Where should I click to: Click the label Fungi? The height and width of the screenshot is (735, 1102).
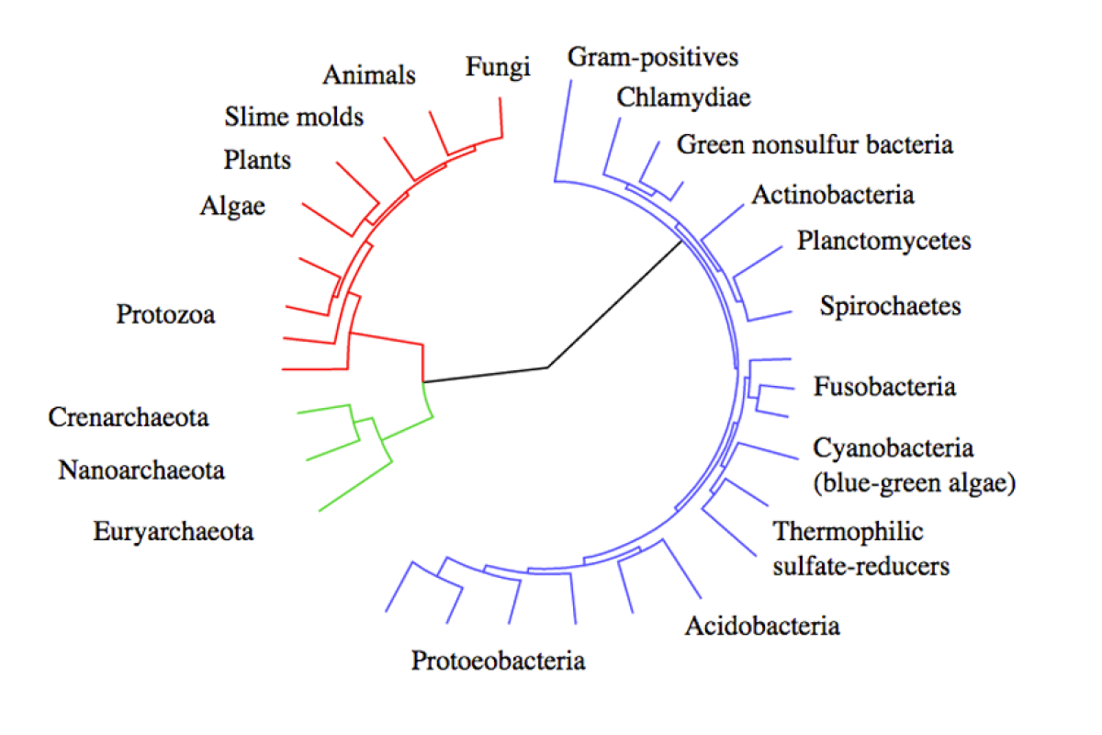498,67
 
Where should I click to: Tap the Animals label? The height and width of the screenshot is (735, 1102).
369,75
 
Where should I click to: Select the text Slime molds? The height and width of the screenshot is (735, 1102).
294,117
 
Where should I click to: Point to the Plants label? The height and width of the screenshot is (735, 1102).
257,160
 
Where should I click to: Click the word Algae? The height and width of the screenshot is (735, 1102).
232,207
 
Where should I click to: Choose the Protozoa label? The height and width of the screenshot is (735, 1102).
165,314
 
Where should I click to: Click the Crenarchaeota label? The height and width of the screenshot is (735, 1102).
129,417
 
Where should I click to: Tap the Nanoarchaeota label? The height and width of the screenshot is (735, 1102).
141,470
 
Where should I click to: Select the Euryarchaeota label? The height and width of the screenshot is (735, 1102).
174,532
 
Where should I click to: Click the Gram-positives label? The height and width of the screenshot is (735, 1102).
653,58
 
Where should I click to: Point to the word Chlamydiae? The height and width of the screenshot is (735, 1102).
684,98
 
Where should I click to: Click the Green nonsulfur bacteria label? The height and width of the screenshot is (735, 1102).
815,145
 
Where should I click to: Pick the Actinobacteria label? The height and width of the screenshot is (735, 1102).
833,195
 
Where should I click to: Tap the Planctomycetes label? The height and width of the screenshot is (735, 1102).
884,242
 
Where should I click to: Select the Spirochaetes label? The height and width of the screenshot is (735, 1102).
890,306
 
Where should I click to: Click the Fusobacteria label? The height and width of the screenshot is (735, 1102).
884,387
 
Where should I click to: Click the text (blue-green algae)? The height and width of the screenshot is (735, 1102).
914,483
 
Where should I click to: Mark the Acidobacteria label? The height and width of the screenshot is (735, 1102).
762,627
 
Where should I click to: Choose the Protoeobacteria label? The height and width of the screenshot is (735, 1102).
499,661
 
